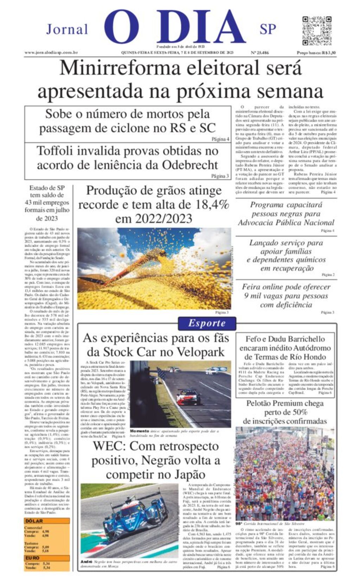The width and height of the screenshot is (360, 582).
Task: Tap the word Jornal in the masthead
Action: click(x=67, y=29)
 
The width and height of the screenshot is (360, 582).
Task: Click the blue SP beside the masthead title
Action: click(x=268, y=29)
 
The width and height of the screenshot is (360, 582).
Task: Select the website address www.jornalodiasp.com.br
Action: click(x=51, y=53)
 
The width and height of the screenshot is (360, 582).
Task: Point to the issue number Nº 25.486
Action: click(x=260, y=53)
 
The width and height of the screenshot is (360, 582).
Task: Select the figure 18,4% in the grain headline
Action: click(x=212, y=205)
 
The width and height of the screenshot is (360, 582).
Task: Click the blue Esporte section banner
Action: click(x=207, y=323)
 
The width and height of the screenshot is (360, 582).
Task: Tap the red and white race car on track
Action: click(x=188, y=396)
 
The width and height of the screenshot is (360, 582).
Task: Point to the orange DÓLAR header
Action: click(x=34, y=521)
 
